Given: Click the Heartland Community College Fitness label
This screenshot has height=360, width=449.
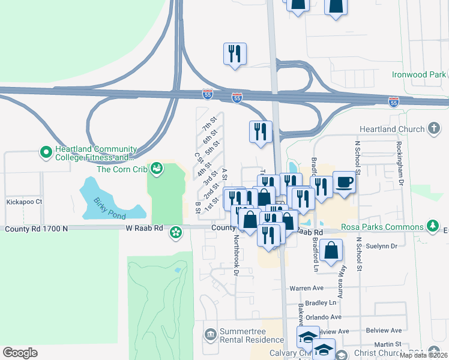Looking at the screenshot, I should point(92,154).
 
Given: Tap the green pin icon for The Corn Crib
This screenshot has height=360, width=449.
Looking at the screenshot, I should point(157,168).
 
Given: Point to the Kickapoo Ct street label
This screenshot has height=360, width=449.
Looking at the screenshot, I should point(22,202).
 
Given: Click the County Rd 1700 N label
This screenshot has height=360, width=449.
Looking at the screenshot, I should point(37,229).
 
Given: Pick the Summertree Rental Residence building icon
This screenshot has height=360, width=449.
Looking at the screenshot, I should point(210,334).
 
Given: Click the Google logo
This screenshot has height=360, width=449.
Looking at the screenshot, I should point(20,353).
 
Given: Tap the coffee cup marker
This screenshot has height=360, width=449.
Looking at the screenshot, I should point(344,182).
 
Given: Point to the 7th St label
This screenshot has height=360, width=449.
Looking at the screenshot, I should point(209,128).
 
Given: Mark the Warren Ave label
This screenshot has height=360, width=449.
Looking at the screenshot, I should point(307,288).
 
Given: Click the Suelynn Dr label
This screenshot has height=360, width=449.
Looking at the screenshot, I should point(385,247).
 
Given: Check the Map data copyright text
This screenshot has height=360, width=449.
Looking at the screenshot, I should point(423,355).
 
